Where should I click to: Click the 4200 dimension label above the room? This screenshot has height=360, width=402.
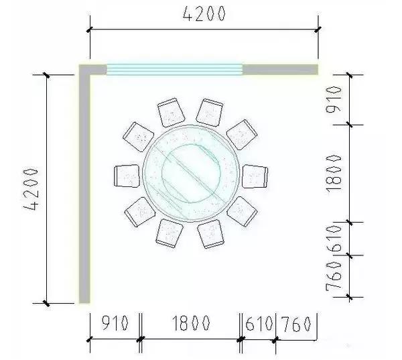[204, 13]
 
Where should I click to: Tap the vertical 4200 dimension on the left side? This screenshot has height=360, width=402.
[31, 189]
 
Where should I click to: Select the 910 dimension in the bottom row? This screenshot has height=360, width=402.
[115, 322]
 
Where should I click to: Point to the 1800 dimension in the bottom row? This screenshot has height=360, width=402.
[191, 322]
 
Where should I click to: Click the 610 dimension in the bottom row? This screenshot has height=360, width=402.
[259, 323]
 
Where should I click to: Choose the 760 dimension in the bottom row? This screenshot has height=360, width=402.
[296, 324]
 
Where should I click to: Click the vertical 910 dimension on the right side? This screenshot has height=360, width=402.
[334, 100]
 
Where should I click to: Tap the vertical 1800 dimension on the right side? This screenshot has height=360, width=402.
[334, 174]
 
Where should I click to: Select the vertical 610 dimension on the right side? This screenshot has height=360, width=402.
[334, 239]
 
